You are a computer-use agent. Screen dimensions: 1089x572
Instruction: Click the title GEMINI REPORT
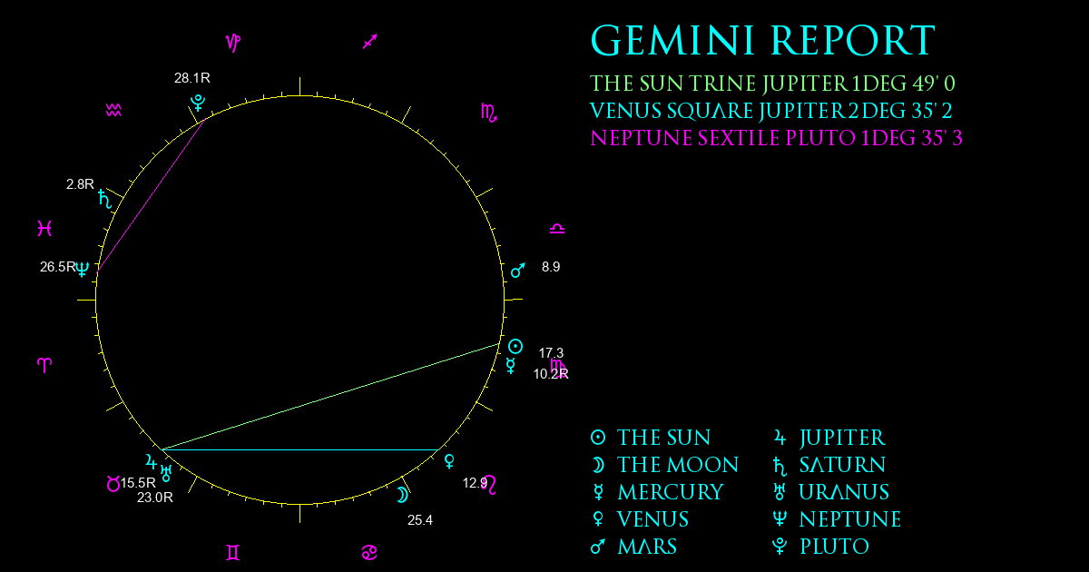[x=763, y=41]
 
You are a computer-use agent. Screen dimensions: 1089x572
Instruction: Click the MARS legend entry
[x=633, y=547]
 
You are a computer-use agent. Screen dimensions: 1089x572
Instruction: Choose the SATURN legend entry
[x=829, y=466]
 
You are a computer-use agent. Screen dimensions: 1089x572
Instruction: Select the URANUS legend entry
[x=831, y=492]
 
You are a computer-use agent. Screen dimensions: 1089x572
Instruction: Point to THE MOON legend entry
[x=664, y=465]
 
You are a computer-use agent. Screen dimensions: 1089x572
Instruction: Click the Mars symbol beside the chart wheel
[x=518, y=271]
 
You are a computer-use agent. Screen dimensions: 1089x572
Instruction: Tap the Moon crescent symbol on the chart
[x=402, y=495]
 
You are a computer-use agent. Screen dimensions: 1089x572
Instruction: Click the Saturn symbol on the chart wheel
[x=104, y=199]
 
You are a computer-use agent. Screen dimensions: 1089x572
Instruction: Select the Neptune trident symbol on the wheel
[x=83, y=269]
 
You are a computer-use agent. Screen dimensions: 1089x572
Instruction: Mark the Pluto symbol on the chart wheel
[x=198, y=103]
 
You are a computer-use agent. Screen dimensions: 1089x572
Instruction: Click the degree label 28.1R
[x=192, y=78]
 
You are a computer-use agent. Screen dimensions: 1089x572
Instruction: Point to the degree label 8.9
[x=551, y=267]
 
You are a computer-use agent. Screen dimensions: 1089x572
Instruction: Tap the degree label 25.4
[x=420, y=520]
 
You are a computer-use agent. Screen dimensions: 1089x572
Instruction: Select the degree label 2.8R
[x=80, y=184]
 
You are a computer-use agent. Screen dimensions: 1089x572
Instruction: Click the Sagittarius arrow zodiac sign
[x=370, y=42]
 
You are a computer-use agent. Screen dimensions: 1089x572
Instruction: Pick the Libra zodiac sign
[x=557, y=229]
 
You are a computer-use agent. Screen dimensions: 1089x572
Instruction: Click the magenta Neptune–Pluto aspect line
[x=152, y=194]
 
